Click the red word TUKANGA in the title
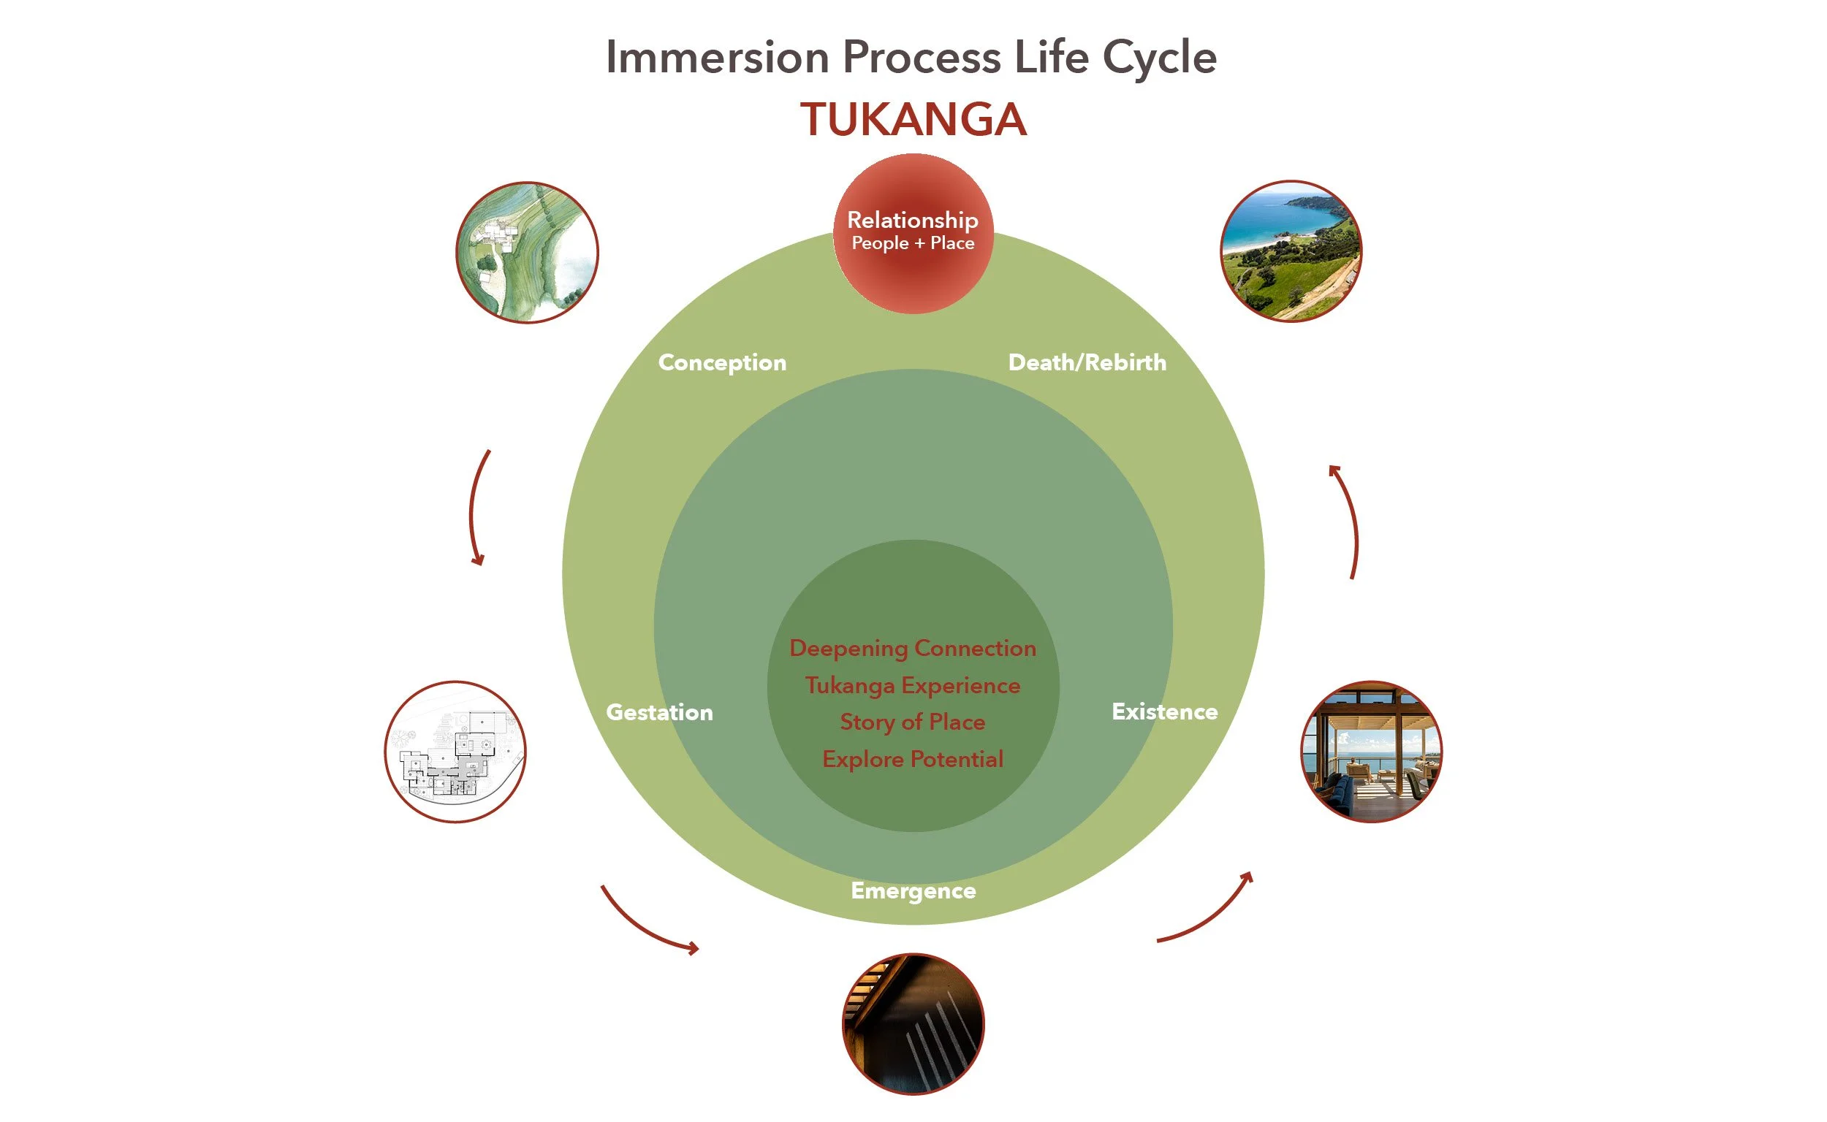[x=913, y=120]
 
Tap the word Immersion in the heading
[x=717, y=57]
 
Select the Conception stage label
[x=721, y=363]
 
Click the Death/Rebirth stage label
[x=1087, y=362]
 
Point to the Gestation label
[x=659, y=712]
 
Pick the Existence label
[x=1164, y=711]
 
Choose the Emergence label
[x=913, y=891]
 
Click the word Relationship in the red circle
[x=912, y=220]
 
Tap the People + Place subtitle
[x=912, y=243]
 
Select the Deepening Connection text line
[x=912, y=649]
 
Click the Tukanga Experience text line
[x=912, y=686]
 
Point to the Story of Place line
[x=912, y=722]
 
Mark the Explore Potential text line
[x=912, y=759]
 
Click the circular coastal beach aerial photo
[x=1291, y=251]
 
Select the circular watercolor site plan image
[x=527, y=252]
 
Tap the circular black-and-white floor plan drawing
[x=455, y=752]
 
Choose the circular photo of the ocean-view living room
[x=1371, y=752]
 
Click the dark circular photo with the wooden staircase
[x=913, y=1024]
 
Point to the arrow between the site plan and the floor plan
[x=472, y=508]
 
